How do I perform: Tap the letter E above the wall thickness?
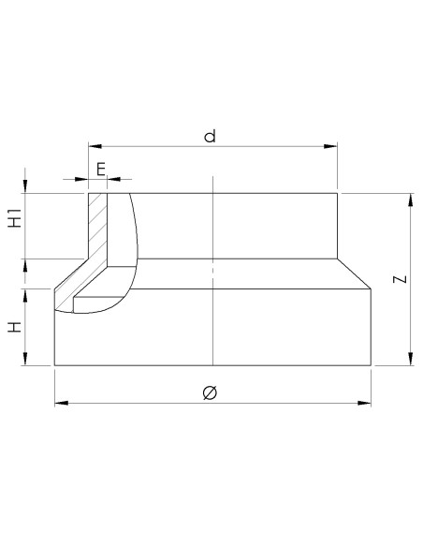(101, 169)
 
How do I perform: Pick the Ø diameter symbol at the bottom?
(210, 392)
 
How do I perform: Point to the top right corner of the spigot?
(337, 193)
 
